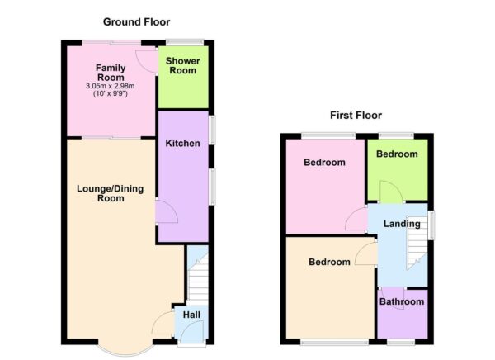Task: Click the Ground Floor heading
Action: coord(137,21)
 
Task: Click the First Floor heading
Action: coord(355,116)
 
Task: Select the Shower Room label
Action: coord(182,66)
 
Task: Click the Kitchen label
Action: coord(182,144)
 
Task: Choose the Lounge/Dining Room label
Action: coord(104,193)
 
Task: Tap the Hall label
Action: coord(191,315)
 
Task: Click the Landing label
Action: coord(402,224)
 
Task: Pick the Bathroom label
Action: coord(402,302)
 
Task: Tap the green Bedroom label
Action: coord(397,154)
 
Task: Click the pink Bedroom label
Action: coord(324,163)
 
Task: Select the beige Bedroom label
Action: coord(329,263)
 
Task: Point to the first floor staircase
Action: coord(417,251)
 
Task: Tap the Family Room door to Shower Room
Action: coord(147,59)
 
